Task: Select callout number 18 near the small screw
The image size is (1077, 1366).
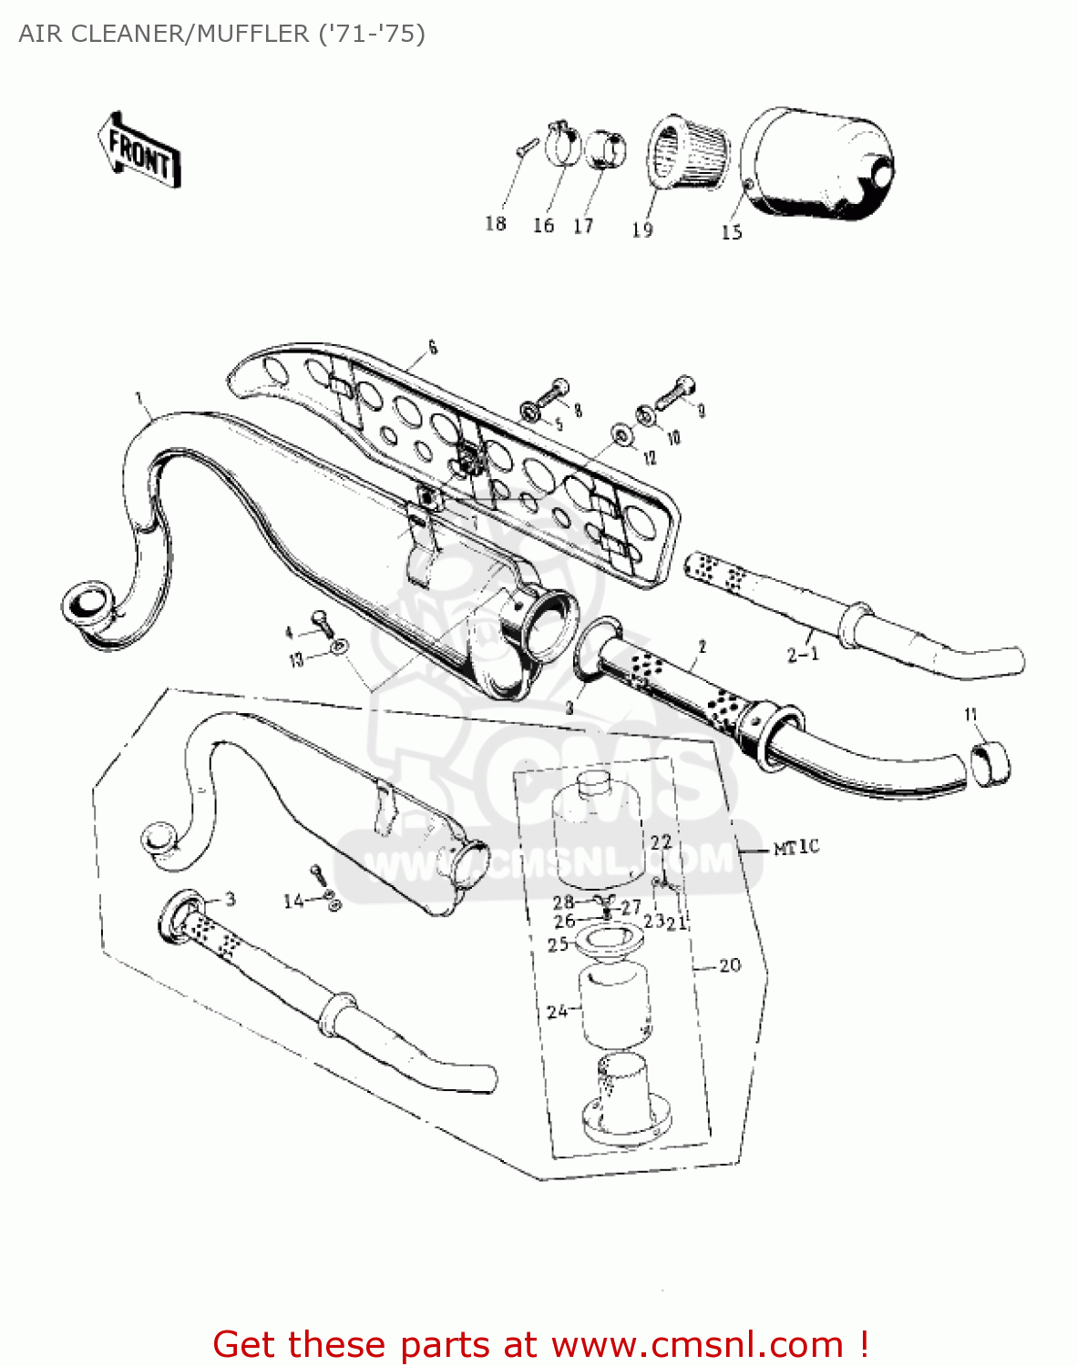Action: tap(495, 224)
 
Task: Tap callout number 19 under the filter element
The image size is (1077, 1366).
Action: tap(642, 230)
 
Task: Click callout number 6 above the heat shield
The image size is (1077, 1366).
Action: tap(433, 347)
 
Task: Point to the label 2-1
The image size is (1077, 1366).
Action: tap(803, 654)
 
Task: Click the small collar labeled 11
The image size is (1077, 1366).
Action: tap(990, 763)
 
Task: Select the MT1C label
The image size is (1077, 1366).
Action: tap(796, 848)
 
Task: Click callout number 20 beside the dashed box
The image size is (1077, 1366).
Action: tap(730, 965)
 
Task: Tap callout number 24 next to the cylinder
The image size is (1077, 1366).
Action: tap(557, 1010)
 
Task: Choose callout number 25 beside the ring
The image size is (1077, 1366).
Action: tap(558, 944)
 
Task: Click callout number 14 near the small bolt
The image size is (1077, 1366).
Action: tap(293, 901)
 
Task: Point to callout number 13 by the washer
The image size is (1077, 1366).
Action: tap(296, 659)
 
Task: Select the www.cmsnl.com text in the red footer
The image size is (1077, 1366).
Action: tap(697, 1344)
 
